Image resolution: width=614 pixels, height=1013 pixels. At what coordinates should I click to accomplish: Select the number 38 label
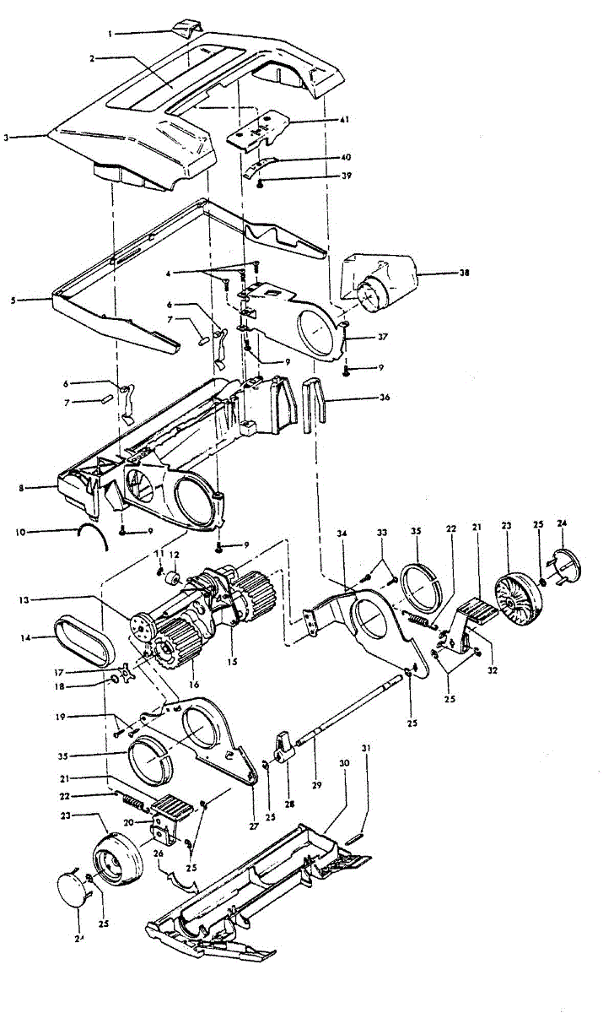pos(441,274)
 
